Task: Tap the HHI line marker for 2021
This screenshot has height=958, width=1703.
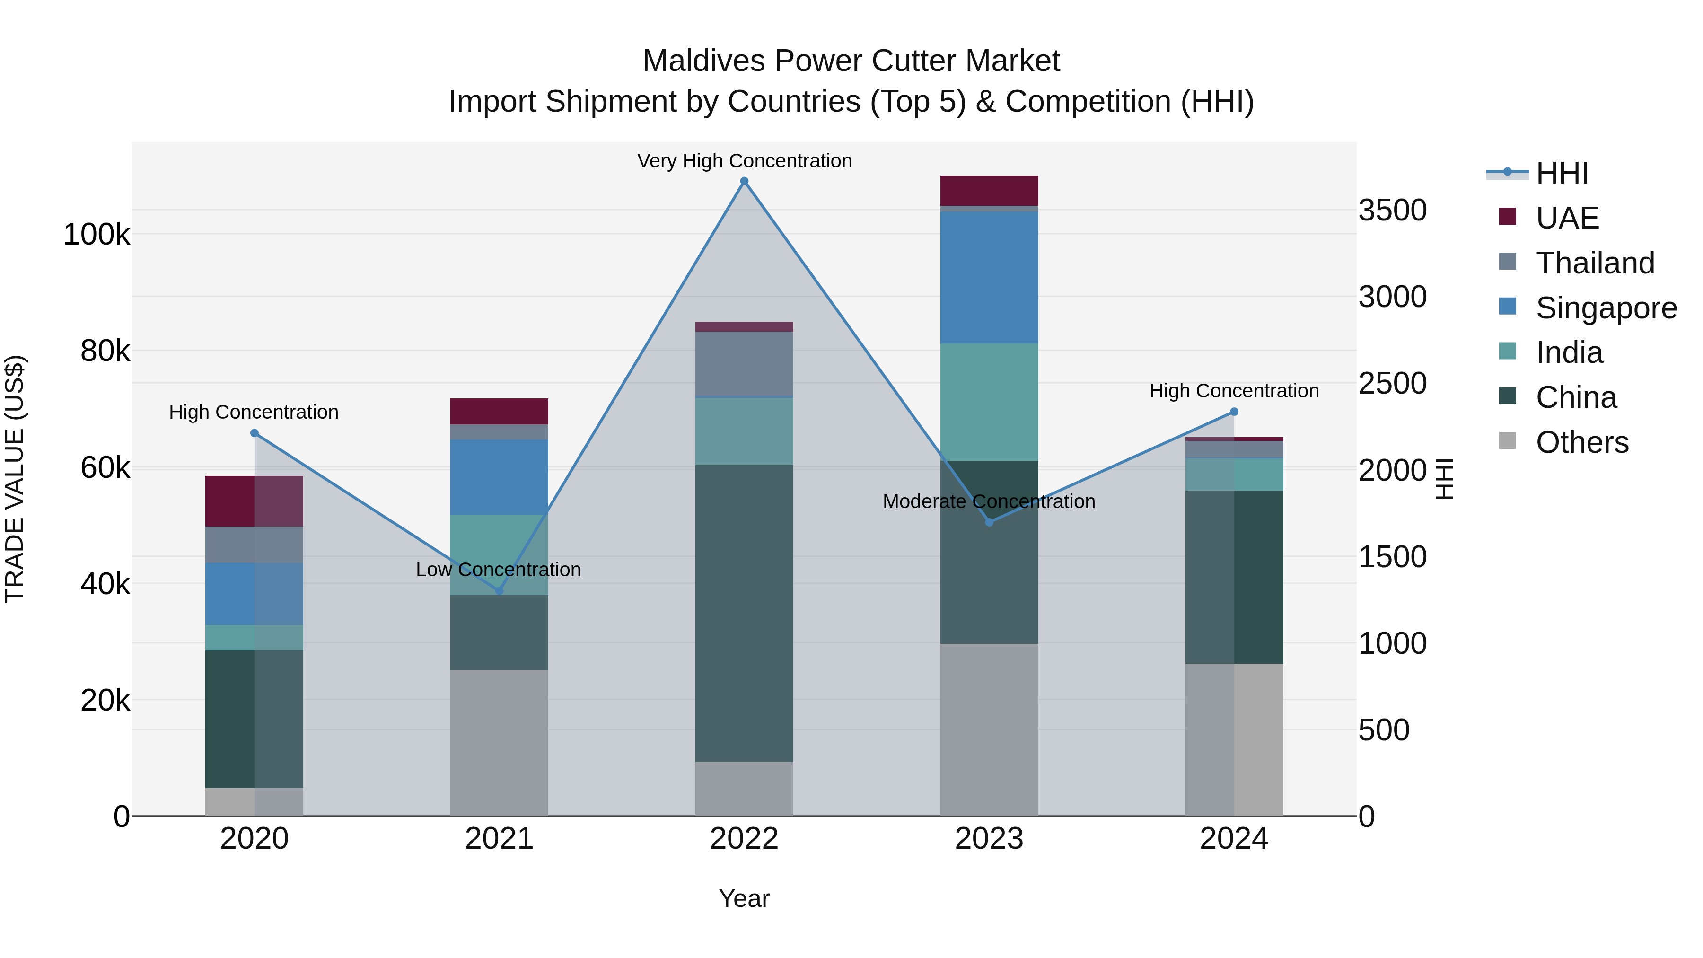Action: click(x=499, y=590)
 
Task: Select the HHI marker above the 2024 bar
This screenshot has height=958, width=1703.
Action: click(x=1234, y=412)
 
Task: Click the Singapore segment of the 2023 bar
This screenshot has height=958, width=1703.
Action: click(x=989, y=278)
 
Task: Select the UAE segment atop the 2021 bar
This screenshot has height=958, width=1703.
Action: click(x=499, y=411)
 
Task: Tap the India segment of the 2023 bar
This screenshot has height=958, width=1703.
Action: click(x=989, y=402)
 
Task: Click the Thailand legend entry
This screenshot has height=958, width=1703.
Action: click(x=1595, y=263)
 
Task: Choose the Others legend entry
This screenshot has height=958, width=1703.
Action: click(x=1581, y=442)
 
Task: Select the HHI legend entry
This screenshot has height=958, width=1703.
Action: click(x=1562, y=173)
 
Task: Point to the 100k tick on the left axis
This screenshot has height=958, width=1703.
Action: click(x=97, y=234)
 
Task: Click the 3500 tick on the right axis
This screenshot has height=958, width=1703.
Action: click(x=1392, y=210)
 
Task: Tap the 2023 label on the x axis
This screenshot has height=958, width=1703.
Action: click(x=989, y=839)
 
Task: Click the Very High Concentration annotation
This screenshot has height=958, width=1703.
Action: click(x=745, y=161)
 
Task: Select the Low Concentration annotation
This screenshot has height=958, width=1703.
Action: click(x=499, y=569)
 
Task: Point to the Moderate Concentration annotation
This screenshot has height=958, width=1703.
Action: click(x=989, y=501)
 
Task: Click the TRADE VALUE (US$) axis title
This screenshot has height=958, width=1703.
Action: click(x=15, y=479)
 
